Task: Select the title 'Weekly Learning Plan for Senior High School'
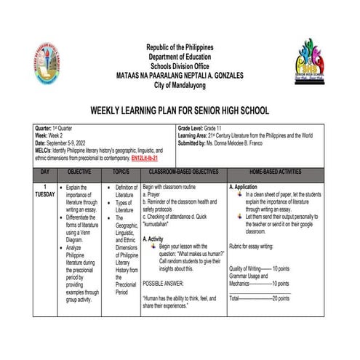click(179, 111)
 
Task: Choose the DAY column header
click(45, 172)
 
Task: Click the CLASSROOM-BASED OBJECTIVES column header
click(184, 172)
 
